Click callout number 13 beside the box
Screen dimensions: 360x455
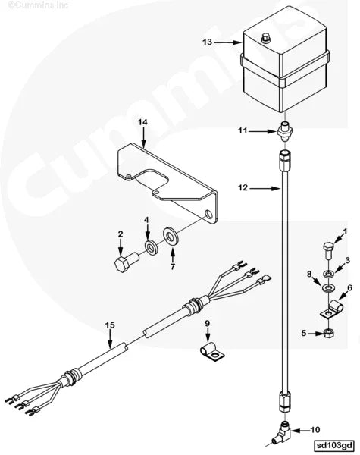click(208, 42)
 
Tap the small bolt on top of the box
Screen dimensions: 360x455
click(265, 38)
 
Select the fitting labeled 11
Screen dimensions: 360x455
click(285, 131)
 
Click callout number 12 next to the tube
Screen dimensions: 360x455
click(243, 188)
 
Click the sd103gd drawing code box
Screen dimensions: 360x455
click(334, 445)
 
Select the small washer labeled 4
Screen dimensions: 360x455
click(151, 247)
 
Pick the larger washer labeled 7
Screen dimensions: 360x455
click(171, 237)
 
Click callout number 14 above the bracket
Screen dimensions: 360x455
click(142, 122)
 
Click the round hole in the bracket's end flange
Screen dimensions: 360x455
click(209, 215)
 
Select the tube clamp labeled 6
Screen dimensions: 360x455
click(331, 309)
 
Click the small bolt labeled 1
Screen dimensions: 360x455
click(328, 251)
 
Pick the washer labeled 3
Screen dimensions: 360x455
click(328, 273)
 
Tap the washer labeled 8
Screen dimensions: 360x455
click(328, 288)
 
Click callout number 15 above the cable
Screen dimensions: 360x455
click(110, 325)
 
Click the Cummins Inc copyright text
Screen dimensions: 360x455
click(38, 5)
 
